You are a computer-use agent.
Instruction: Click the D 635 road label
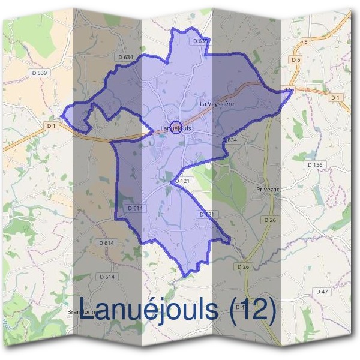click(200, 41)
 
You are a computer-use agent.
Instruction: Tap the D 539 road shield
click(38, 73)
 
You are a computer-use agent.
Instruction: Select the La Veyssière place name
click(216, 104)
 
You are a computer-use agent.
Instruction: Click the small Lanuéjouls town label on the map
click(176, 128)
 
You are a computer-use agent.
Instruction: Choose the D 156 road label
click(314, 164)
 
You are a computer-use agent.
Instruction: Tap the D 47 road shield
click(323, 291)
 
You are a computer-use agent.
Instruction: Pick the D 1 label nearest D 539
click(50, 125)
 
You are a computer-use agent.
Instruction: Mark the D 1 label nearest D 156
click(335, 97)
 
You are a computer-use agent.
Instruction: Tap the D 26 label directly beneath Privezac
click(270, 220)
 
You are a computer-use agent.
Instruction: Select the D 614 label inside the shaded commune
click(134, 208)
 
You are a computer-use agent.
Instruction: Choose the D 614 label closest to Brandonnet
click(106, 277)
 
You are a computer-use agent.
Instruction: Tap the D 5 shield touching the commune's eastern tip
click(287, 90)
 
